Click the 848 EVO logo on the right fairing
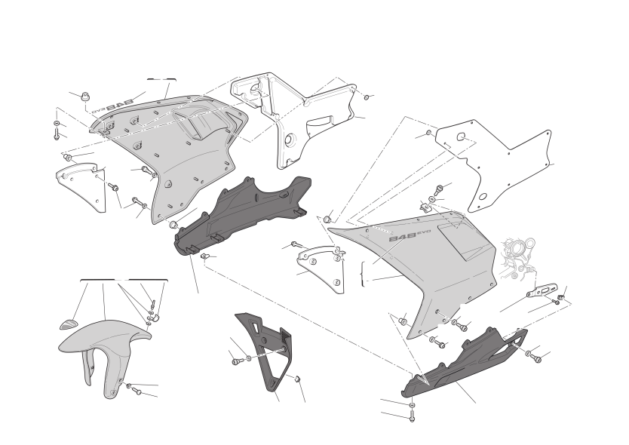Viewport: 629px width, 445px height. pos(404,236)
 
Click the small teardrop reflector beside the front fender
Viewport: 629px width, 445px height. pos(68,324)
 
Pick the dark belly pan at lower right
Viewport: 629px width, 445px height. pos(465,362)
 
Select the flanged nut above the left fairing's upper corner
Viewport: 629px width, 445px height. pos(84,97)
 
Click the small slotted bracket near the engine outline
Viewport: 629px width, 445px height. pos(542,290)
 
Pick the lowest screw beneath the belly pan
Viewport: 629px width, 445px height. pos(412,416)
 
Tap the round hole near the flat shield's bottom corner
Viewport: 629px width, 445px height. pos(483,197)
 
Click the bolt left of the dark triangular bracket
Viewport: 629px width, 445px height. pos(236,361)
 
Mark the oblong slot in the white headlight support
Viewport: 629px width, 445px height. pos(319,121)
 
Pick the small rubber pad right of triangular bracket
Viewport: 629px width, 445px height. pos(298,379)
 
